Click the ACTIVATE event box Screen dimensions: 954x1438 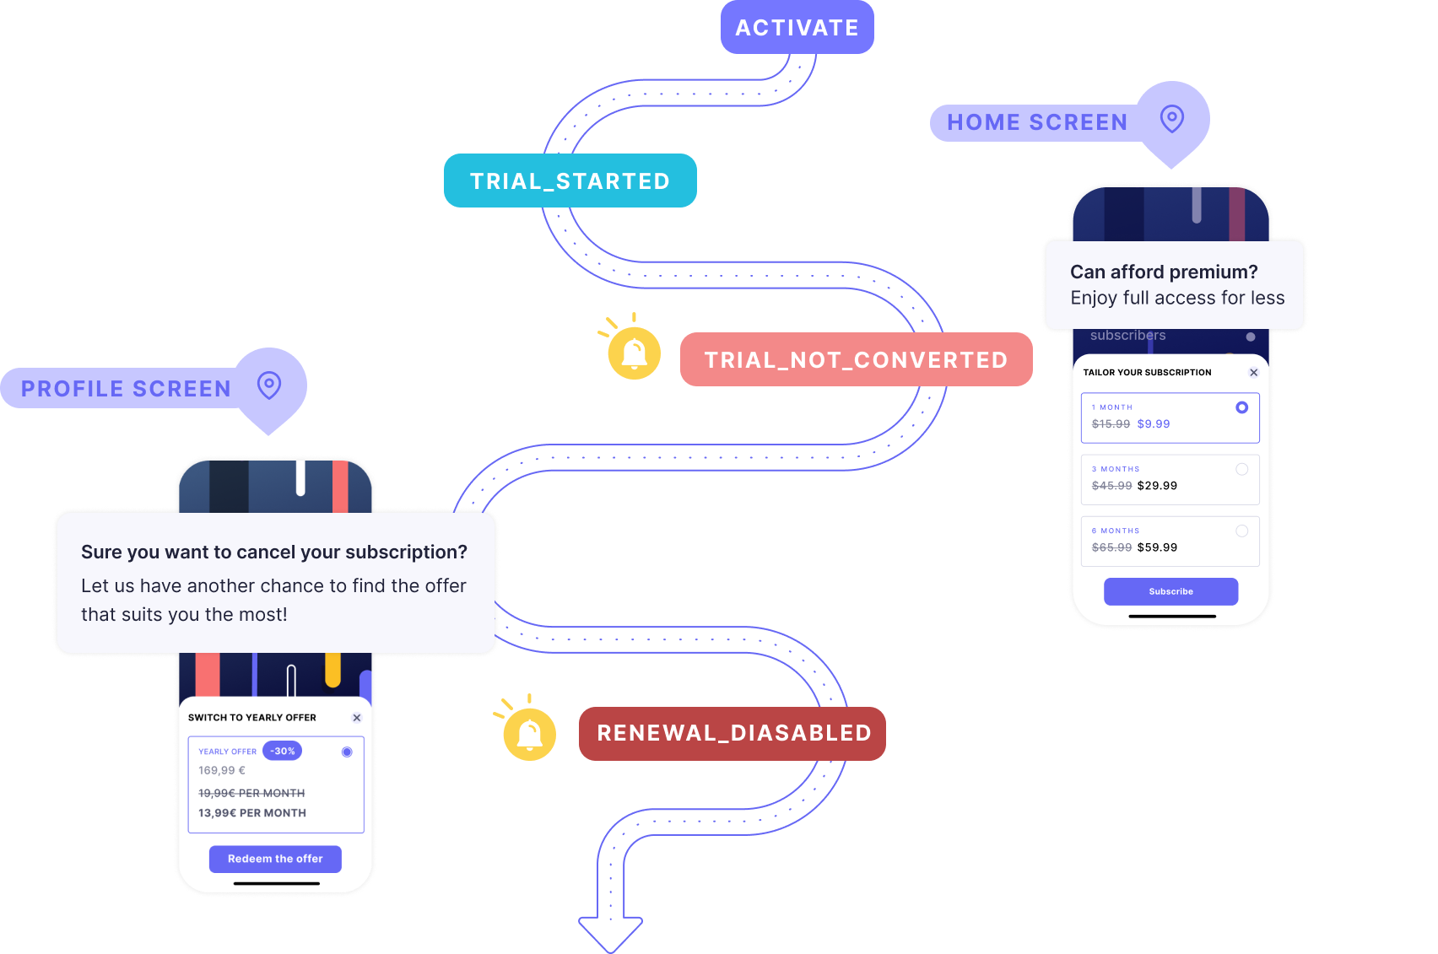click(x=797, y=28)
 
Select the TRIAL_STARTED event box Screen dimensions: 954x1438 click(x=570, y=181)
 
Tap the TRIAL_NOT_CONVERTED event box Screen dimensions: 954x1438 click(x=856, y=359)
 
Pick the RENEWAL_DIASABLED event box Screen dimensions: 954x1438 click(x=733, y=733)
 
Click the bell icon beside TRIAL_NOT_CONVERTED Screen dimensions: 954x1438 click(x=634, y=353)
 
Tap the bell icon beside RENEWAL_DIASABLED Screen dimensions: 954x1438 click(x=529, y=734)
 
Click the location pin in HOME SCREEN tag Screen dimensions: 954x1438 click(x=1171, y=118)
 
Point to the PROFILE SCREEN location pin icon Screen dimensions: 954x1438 click(x=269, y=385)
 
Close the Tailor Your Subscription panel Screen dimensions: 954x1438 click(x=1253, y=372)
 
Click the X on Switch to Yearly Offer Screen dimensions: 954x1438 click(x=357, y=718)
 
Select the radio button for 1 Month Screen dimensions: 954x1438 click(x=1241, y=407)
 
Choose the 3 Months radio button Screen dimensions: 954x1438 click(x=1241, y=469)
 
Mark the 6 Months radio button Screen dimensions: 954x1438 click(x=1241, y=531)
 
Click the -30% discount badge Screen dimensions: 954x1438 click(x=282, y=751)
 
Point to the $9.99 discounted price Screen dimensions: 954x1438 click(x=1154, y=424)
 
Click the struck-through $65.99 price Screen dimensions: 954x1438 click(x=1111, y=547)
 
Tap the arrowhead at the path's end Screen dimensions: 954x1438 click(x=610, y=933)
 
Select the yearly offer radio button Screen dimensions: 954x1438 click(x=347, y=752)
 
